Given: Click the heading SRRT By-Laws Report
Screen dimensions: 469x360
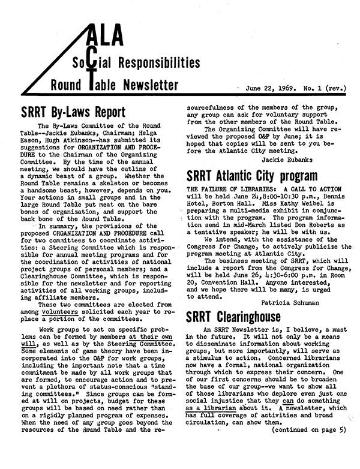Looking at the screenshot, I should click(x=73, y=113).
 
